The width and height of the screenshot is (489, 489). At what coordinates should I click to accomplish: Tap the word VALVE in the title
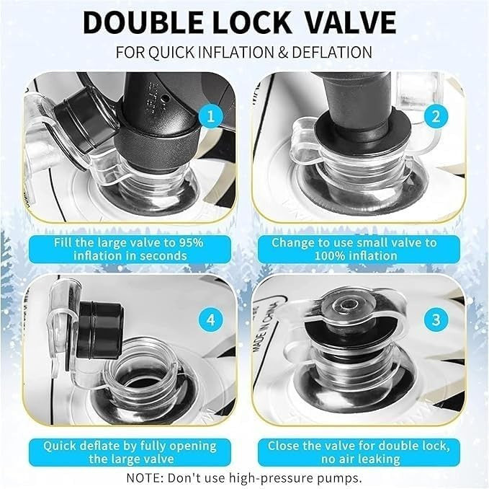tap(350, 22)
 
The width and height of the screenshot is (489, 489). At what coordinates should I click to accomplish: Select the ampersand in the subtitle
tap(282, 52)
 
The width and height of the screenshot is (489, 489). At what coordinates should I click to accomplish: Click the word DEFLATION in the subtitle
tap(332, 52)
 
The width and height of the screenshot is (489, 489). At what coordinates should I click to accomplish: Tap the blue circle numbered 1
tap(211, 117)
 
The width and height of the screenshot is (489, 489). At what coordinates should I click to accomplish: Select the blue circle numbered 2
tap(436, 117)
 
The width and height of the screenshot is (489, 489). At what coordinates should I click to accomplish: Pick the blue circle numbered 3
tap(436, 320)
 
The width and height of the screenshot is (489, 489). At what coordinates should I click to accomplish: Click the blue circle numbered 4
tap(211, 320)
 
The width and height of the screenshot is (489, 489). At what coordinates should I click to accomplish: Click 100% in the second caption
tap(328, 256)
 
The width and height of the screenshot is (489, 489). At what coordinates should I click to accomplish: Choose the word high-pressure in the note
tap(262, 478)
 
